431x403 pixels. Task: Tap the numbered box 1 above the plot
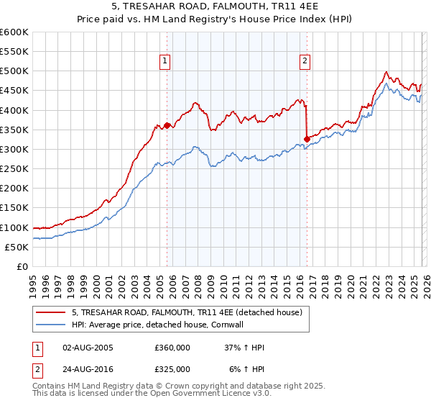[166, 62]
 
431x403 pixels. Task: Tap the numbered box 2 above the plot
[305, 62]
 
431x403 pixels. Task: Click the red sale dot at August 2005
[167, 125]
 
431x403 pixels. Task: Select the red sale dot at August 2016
[307, 139]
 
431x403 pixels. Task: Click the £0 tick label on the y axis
[23, 266]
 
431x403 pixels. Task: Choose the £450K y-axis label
[14, 91]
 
